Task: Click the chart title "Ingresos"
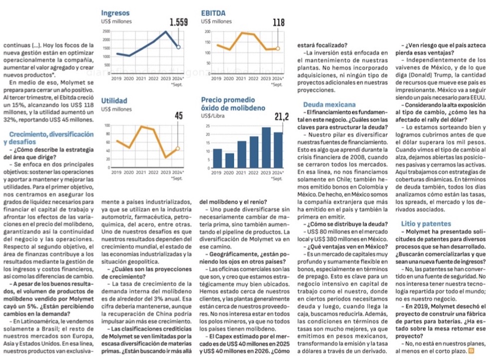[115, 12]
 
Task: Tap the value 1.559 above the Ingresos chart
[178, 22]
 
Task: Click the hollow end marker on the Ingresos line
[178, 47]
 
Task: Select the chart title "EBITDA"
[213, 12]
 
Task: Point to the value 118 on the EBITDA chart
[278, 22]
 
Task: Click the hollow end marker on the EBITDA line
[278, 48]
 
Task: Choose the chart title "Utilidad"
[114, 101]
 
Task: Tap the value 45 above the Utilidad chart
[178, 116]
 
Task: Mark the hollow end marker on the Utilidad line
[178, 148]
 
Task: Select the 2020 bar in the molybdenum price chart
[230, 160]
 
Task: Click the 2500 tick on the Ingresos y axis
[105, 31]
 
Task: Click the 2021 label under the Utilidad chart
[140, 171]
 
